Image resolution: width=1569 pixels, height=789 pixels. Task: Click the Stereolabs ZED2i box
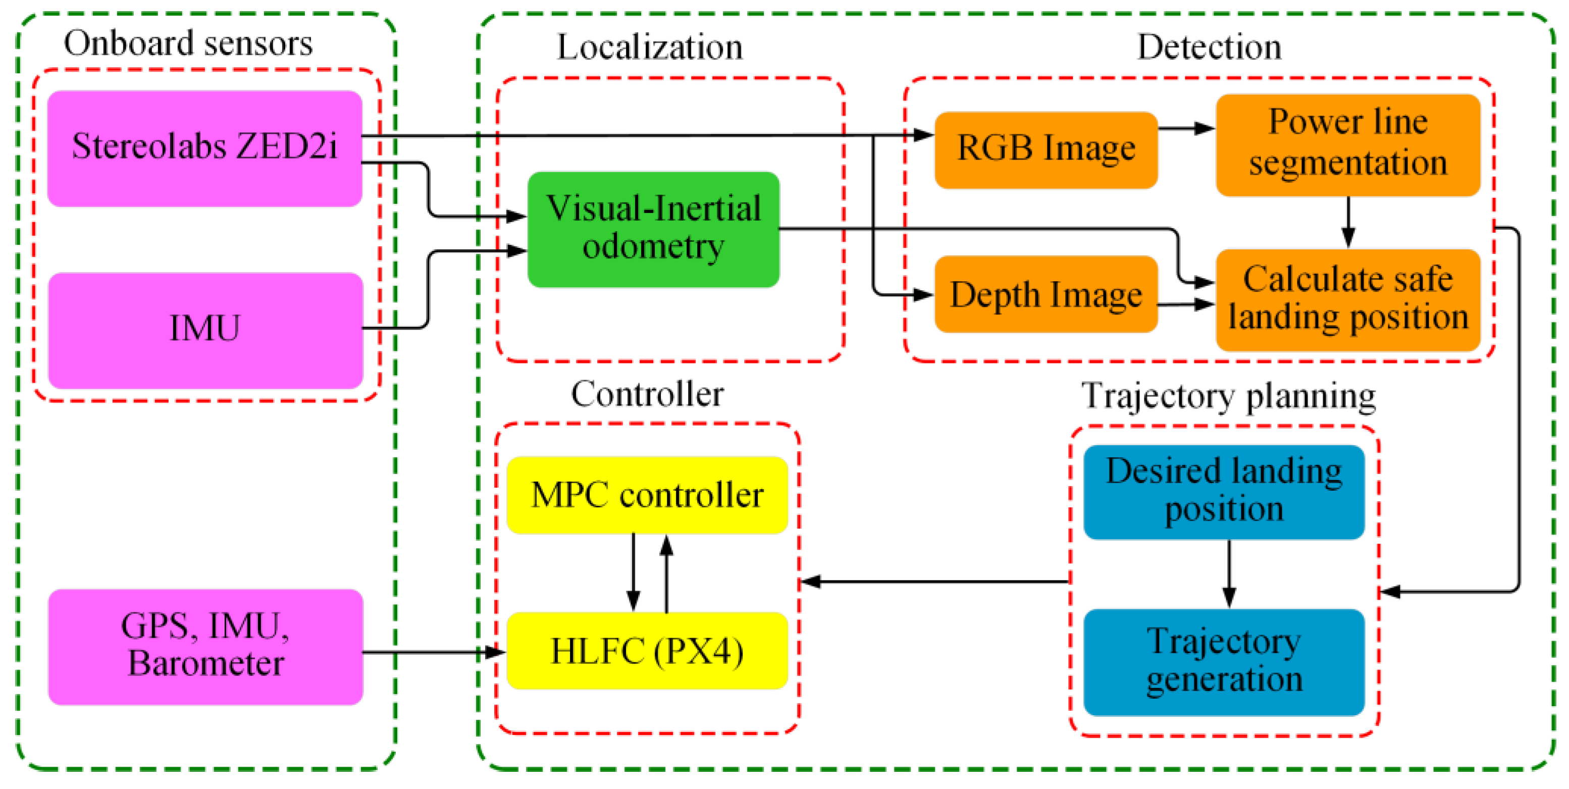pos(204,148)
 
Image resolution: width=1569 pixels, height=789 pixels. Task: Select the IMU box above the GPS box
pos(204,330)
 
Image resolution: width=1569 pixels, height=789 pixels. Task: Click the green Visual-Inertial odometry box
pos(653,229)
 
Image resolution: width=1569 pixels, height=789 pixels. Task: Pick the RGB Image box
pos(1045,149)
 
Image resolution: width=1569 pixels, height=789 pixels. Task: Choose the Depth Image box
pos(1045,294)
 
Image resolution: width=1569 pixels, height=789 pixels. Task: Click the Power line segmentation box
pos(1347,144)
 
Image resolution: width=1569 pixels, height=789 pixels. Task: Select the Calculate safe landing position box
pos(1347,299)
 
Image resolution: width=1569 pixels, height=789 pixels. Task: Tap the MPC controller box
pos(647,494)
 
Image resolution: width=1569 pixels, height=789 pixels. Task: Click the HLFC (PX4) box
pos(647,650)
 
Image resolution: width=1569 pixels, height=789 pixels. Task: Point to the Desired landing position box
pos(1224,491)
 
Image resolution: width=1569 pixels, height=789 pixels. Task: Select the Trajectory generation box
pos(1224,661)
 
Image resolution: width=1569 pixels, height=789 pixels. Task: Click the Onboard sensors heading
pos(188,43)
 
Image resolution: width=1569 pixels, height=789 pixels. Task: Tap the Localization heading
pos(649,47)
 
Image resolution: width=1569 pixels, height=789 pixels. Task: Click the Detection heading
pos(1209,47)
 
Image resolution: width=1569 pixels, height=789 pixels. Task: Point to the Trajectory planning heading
pos(1228,396)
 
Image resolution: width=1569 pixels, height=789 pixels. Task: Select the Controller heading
pos(647,394)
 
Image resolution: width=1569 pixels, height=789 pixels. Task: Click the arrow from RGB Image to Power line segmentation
pos(1185,129)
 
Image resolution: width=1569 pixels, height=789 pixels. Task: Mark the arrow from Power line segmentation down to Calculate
pos(1348,222)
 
